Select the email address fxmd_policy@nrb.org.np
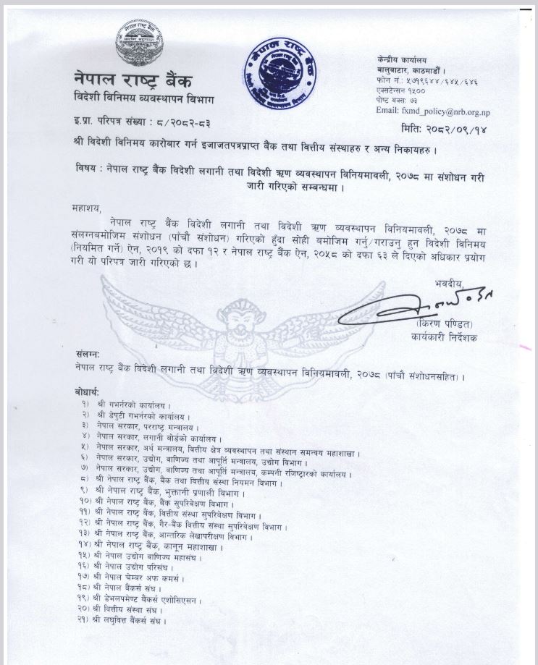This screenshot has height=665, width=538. (423, 111)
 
